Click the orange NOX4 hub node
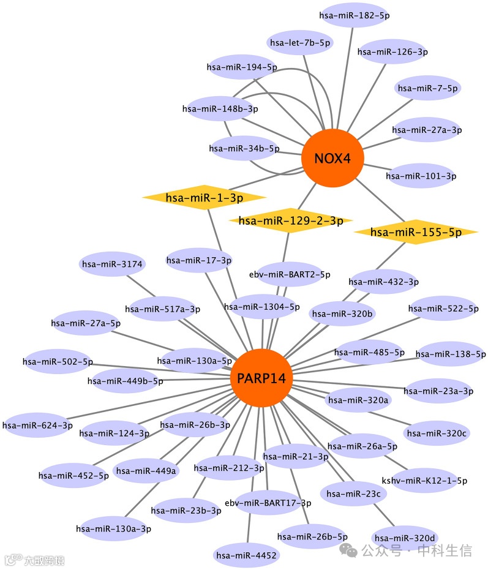[332, 159]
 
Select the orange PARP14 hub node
[261, 378]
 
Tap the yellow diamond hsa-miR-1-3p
[205, 197]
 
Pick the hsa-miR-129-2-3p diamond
[290, 220]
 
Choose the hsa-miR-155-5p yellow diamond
[416, 232]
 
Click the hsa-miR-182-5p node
[354, 15]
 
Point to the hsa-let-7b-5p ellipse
[300, 43]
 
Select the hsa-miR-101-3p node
[421, 176]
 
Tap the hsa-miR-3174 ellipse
[112, 264]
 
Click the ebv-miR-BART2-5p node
[290, 275]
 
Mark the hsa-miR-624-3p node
[37, 425]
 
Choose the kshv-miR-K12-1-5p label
[424, 481]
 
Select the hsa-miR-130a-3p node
[113, 528]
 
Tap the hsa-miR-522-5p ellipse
[443, 309]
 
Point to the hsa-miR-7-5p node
[427, 88]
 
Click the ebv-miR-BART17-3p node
[268, 503]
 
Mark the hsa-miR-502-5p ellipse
[58, 362]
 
